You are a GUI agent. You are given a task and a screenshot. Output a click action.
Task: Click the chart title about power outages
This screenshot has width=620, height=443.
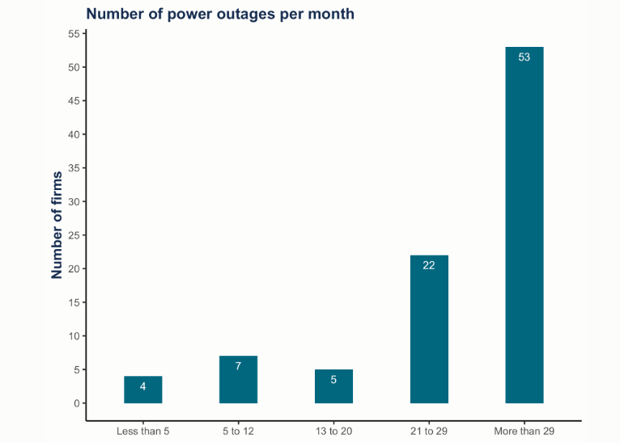220,14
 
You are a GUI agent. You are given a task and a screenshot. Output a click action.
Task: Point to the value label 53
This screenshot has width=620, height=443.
524,57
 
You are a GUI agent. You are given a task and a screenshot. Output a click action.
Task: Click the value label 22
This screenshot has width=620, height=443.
429,265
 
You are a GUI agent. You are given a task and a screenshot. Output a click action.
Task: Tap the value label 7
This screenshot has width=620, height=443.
238,366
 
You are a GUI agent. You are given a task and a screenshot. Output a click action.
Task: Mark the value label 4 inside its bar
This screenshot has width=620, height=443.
143,386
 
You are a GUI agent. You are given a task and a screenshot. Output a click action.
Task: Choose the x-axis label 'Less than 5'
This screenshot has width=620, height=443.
143,431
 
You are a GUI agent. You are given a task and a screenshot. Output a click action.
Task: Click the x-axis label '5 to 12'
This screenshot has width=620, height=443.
238,431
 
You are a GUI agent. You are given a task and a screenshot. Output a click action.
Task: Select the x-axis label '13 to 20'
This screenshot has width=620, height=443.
333,431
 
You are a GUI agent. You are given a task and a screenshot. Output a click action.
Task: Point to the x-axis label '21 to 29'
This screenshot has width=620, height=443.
429,431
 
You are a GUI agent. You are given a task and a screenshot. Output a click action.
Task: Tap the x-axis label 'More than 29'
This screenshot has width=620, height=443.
524,431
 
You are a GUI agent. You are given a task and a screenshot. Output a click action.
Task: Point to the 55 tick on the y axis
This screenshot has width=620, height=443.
74,34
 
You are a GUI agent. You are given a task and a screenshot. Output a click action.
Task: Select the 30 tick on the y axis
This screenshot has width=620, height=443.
74,201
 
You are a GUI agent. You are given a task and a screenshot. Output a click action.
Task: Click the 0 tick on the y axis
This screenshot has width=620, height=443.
76,403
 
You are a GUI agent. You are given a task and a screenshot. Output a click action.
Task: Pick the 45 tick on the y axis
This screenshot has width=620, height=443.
74,101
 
